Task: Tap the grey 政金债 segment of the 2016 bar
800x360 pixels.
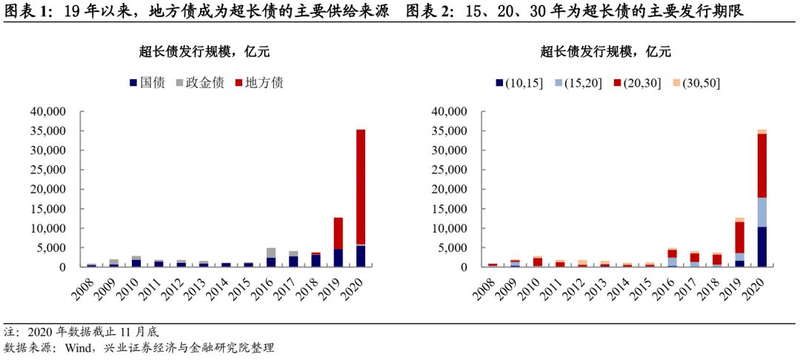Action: (271, 253)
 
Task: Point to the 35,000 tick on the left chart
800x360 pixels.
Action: (48, 131)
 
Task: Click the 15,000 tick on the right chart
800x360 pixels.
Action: (450, 209)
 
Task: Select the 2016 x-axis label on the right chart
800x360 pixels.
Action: (668, 287)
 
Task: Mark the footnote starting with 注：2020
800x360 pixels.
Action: (81, 331)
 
